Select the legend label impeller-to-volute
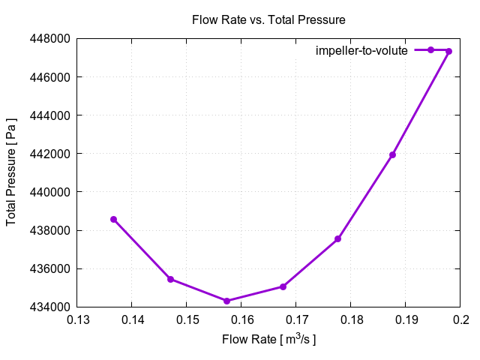[361, 51]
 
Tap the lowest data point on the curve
[226, 301]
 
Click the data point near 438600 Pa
[114, 219]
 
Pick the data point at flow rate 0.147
[170, 279]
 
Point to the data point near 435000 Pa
[283, 286]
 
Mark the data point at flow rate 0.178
[338, 238]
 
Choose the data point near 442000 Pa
[392, 154]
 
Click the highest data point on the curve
[448, 51]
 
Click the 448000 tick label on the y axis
[50, 39]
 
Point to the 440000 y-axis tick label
[50, 192]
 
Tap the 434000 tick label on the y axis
[50, 307]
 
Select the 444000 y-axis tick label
[50, 115]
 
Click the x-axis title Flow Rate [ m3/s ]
[268, 340]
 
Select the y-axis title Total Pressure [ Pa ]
[12, 172]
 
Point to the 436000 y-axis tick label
[50, 268]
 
